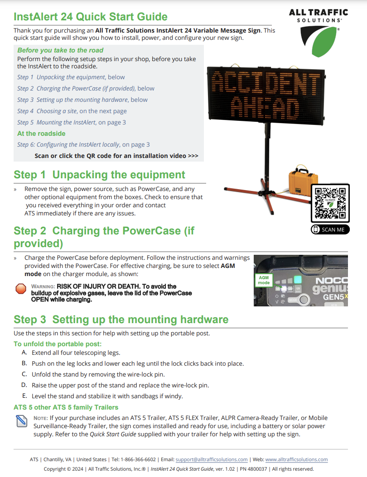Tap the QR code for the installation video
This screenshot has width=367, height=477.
330,203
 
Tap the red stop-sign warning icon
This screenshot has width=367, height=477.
21,289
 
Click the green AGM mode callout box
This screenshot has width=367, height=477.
264,280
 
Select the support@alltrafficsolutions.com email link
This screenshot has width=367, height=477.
211,459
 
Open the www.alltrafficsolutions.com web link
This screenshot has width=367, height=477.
296,459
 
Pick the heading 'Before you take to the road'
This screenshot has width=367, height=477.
60,50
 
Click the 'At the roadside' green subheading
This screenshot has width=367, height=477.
41,134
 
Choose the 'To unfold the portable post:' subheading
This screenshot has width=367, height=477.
58,344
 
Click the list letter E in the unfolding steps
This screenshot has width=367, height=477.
24,396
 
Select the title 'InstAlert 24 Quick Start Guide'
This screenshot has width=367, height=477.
91,17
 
